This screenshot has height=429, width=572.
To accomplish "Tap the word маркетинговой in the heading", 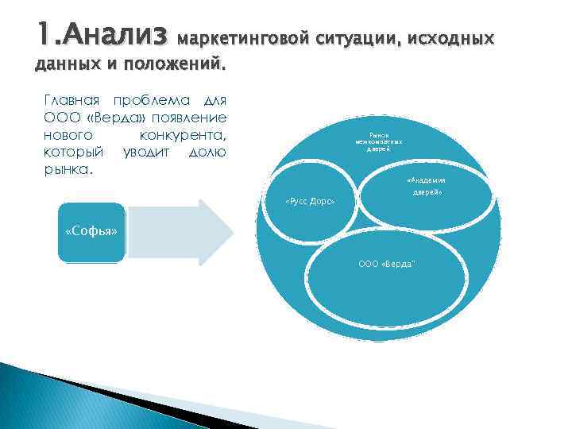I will click(x=245, y=37).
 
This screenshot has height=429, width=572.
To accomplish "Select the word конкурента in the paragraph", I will click(x=183, y=135).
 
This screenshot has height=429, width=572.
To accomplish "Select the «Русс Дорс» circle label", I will click(x=310, y=203).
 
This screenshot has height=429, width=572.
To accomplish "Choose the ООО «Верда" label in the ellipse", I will click(x=387, y=263).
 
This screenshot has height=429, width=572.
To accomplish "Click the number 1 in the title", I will click(x=42, y=34).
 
